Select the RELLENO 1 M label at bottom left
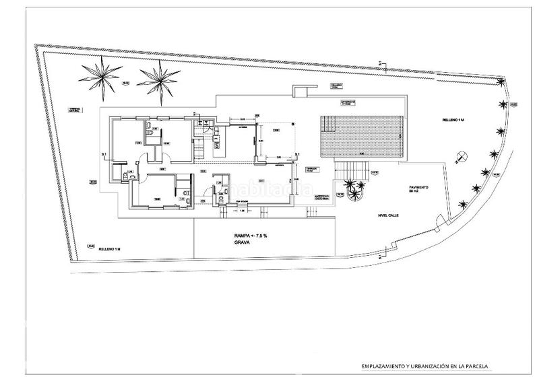[x=108, y=249]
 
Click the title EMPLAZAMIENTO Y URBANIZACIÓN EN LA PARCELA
[x=424, y=366]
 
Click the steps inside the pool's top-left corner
[x=327, y=124]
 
